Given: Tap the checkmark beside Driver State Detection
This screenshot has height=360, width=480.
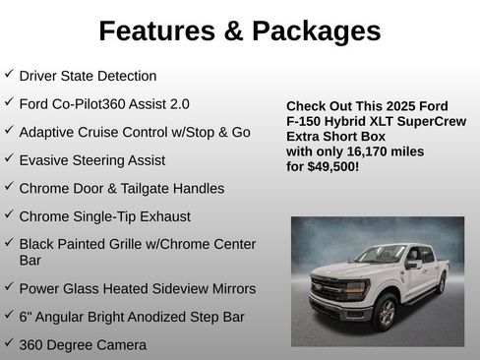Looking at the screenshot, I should point(9,74).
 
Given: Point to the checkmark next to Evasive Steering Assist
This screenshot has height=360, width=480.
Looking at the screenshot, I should point(9,158).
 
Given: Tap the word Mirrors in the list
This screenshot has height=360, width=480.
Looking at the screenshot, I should point(227,289).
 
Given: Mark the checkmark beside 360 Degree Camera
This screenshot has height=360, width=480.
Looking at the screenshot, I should point(9,343).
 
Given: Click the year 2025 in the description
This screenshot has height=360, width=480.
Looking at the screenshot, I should point(399,106).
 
